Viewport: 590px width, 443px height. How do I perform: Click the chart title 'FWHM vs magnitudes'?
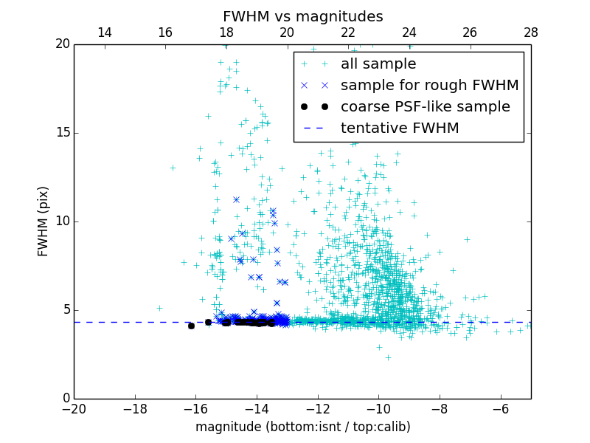(302, 16)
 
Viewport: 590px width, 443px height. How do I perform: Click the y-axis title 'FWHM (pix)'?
(44, 221)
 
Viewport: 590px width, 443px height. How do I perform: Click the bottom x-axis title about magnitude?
(302, 427)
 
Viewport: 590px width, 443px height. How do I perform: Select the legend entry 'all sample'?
(378, 64)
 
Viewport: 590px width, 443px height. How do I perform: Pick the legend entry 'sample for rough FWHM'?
(429, 86)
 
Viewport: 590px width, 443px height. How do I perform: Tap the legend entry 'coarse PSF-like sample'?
(425, 107)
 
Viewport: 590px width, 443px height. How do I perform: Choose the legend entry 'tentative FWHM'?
(399, 128)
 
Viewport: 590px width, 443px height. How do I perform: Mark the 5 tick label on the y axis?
(65, 310)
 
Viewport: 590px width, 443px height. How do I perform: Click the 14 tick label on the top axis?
(105, 32)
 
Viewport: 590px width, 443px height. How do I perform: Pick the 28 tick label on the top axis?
(530, 32)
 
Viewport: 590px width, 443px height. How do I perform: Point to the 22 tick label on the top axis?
(348, 32)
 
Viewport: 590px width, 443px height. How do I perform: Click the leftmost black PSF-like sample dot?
(191, 326)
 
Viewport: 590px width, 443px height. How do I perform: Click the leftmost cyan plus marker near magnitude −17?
(159, 308)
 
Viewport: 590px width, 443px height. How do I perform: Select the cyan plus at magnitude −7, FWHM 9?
(467, 239)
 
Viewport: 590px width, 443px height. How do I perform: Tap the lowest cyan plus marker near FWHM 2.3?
(388, 357)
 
